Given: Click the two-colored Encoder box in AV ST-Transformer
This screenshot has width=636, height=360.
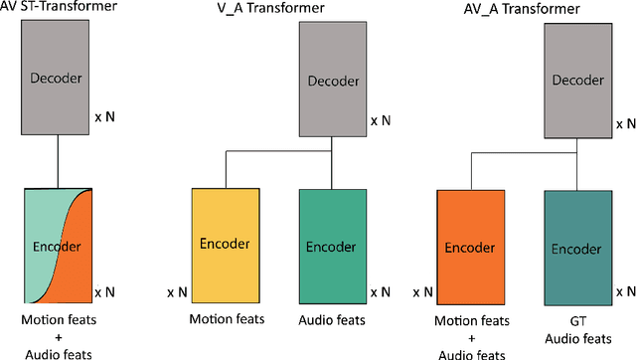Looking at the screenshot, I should (x=58, y=245).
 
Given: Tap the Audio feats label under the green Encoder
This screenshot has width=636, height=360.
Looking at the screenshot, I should (x=332, y=319).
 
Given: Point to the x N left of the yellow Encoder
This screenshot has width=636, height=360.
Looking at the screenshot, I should (x=178, y=292).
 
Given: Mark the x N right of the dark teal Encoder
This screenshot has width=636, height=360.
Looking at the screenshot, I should (x=626, y=292).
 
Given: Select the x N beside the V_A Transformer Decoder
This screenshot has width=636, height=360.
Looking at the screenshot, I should (x=381, y=120).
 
